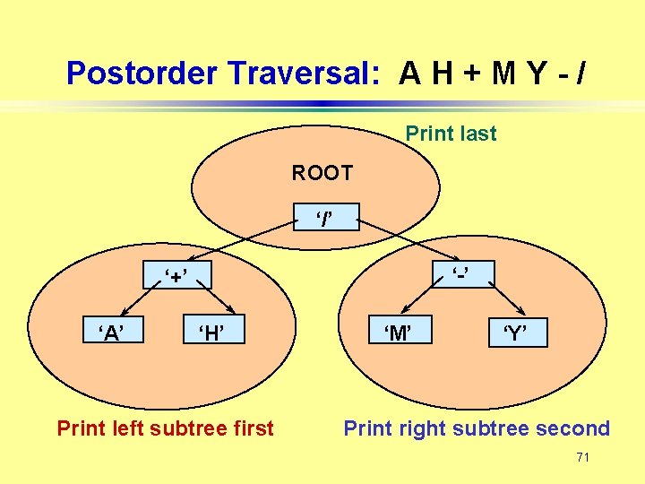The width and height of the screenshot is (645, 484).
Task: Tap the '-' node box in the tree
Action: pyautogui.click(x=460, y=272)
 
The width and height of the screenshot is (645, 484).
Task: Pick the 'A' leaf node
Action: pyautogui.click(x=111, y=333)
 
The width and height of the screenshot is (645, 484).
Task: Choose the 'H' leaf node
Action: pyautogui.click(x=211, y=333)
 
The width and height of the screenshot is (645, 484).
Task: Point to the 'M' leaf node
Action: pyautogui.click(x=399, y=333)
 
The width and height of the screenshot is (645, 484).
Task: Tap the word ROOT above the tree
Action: pyautogui.click(x=322, y=172)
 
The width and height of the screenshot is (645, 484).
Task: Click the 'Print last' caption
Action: pyautogui.click(x=451, y=134)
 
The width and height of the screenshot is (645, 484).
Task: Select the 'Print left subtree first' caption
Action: pyautogui.click(x=165, y=428)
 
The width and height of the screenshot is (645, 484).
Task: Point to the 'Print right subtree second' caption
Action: pyautogui.click(x=477, y=428)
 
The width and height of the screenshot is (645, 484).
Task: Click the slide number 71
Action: pyautogui.click(x=582, y=458)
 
